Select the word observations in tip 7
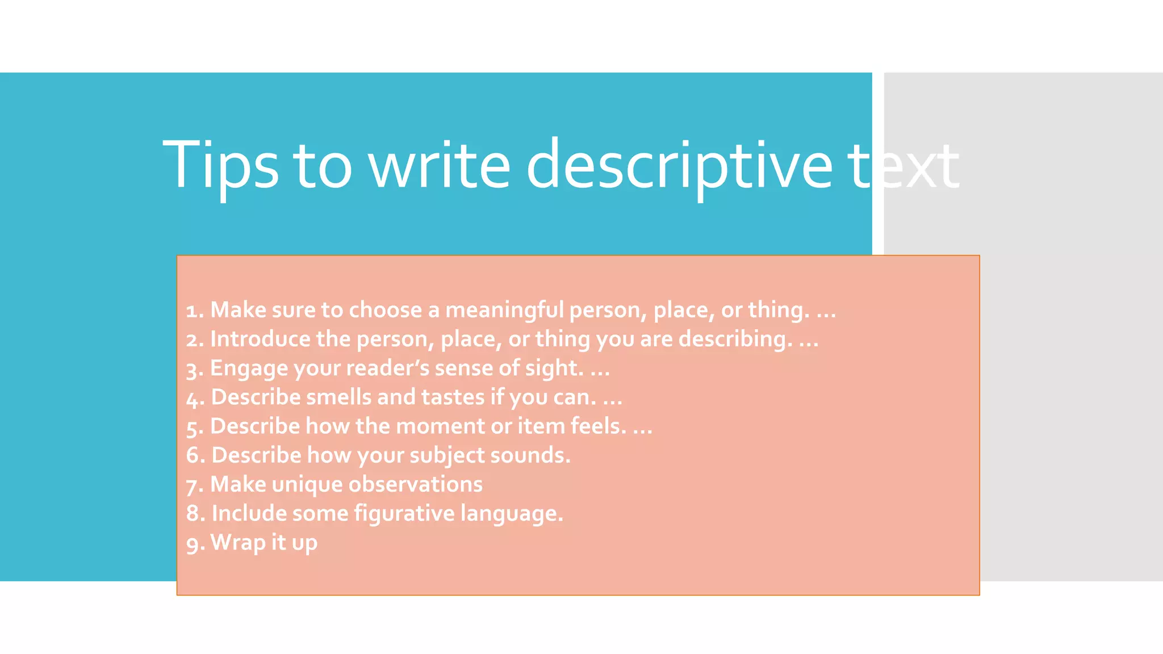[x=415, y=484]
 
